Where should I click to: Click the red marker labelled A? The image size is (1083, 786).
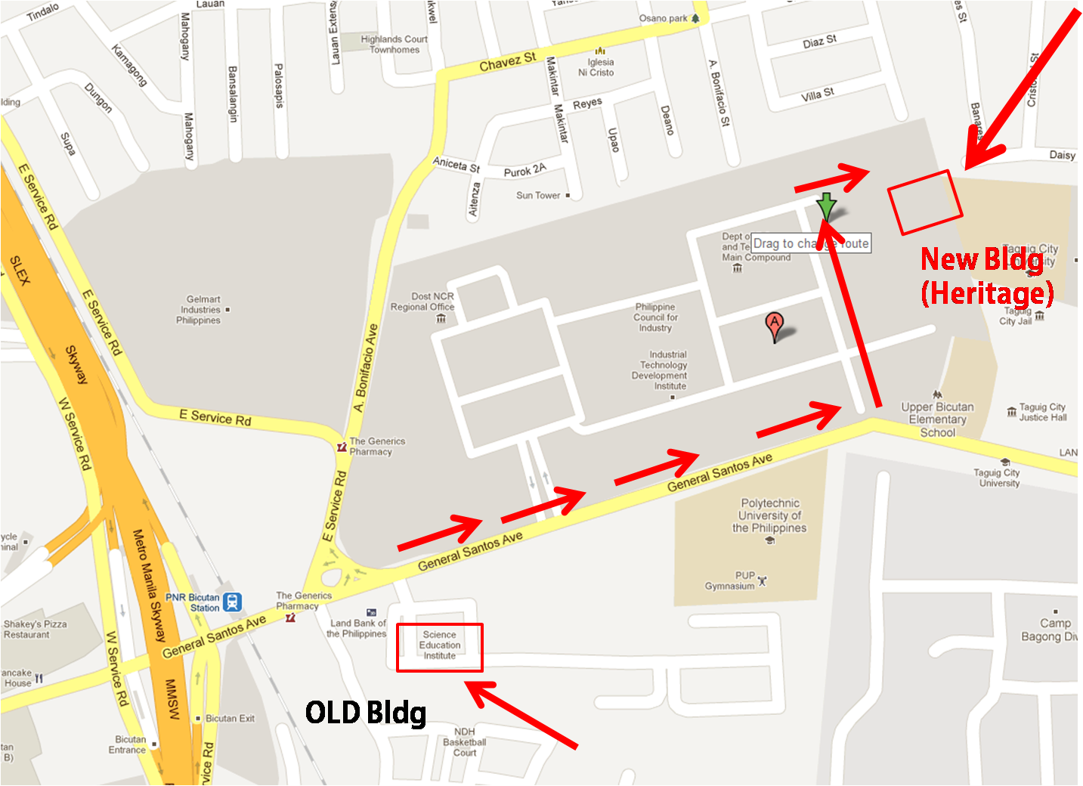click(774, 325)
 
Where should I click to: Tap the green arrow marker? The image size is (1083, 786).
click(826, 206)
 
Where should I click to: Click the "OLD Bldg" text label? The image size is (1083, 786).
click(366, 712)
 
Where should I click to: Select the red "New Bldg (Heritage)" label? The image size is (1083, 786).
click(987, 276)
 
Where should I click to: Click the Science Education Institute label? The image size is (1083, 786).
click(440, 645)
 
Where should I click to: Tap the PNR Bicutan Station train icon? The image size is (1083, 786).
click(233, 602)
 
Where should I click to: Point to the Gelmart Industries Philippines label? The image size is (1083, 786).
click(200, 310)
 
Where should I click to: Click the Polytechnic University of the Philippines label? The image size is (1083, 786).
click(769, 515)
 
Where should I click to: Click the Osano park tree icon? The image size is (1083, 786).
click(695, 18)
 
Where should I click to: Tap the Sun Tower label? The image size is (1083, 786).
click(538, 195)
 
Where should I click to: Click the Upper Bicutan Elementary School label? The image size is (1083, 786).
click(937, 419)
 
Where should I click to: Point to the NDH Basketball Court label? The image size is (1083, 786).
click(465, 742)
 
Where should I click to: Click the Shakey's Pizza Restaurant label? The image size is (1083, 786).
click(35, 630)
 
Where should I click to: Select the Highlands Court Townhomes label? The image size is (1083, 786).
click(394, 45)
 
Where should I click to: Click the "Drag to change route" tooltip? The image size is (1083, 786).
click(811, 243)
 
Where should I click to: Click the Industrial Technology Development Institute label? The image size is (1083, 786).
click(660, 370)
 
